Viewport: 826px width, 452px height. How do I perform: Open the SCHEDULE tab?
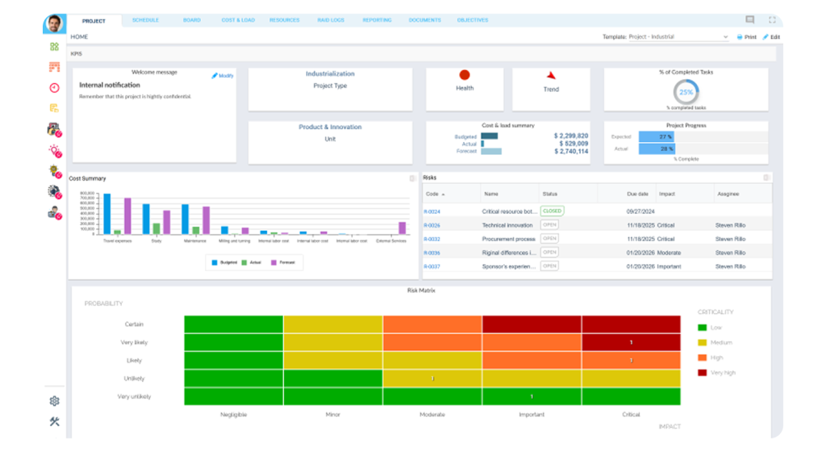pos(145,20)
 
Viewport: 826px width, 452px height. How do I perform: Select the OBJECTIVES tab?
pos(472,20)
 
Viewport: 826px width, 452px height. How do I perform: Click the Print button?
pos(746,37)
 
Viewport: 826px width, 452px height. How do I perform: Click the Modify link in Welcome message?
pos(223,76)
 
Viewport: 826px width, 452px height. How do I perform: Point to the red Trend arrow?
pos(551,75)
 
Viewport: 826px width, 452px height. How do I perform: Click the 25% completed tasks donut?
pos(686,92)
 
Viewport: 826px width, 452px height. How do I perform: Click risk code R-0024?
pos(432,211)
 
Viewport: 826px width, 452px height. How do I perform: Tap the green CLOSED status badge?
pos(553,211)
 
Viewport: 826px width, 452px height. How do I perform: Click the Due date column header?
pos(637,194)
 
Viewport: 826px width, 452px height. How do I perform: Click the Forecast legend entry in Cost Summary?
pos(282,262)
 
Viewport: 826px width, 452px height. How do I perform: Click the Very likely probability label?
pos(136,342)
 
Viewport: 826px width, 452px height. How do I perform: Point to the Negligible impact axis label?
pos(233,414)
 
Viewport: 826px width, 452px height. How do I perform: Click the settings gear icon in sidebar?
pos(54,400)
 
